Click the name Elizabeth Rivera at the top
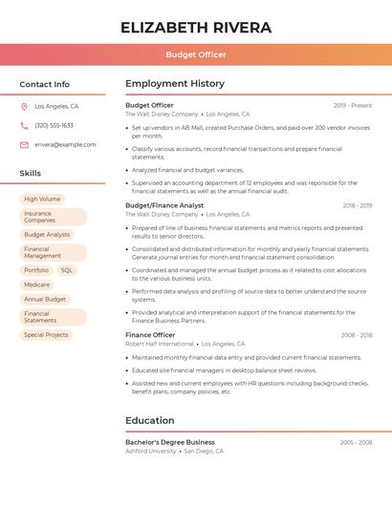point(195,27)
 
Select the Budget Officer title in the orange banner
point(195,55)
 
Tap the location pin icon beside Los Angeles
point(24,107)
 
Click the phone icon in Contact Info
point(24,126)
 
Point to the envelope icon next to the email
point(24,145)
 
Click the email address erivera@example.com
point(65,145)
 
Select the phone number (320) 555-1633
point(54,126)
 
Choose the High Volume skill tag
point(42,200)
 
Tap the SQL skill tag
point(66,270)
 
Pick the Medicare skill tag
point(37,285)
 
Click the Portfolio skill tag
point(36,270)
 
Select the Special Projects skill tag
point(46,335)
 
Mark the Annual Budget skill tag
point(45,299)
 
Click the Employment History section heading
point(175,84)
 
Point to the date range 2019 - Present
point(353,106)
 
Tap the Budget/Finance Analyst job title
point(164,205)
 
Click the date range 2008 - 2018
point(357,335)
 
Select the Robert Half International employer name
point(159,344)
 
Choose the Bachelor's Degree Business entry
point(170,442)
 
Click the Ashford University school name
point(151,451)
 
